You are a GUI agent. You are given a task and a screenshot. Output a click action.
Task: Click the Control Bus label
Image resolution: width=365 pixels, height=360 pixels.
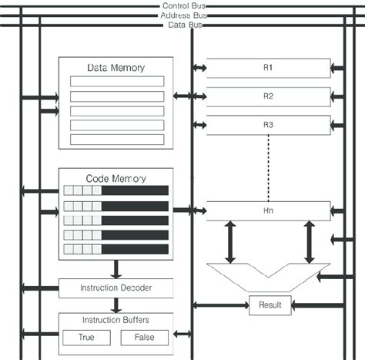coord(184,5)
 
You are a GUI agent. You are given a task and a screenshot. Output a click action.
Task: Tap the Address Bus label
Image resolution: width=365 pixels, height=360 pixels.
coord(184,15)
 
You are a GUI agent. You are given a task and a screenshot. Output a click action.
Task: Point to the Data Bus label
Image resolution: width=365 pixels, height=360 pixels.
coord(185,25)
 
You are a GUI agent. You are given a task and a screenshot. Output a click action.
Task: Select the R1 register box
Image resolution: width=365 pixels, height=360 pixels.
coord(269,68)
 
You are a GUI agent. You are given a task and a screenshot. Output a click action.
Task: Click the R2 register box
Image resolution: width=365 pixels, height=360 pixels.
coord(269,96)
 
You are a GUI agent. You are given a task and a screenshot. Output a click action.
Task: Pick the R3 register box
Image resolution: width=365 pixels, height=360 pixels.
coord(269,125)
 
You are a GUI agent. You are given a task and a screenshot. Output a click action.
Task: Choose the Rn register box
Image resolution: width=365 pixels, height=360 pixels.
coord(269,211)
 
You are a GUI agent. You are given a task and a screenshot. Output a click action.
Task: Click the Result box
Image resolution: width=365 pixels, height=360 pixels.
coord(270,305)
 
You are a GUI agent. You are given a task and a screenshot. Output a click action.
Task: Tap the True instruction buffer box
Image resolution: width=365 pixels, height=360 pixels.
coord(86,338)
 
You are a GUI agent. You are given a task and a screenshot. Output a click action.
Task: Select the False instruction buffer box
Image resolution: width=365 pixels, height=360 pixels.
coord(145,338)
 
